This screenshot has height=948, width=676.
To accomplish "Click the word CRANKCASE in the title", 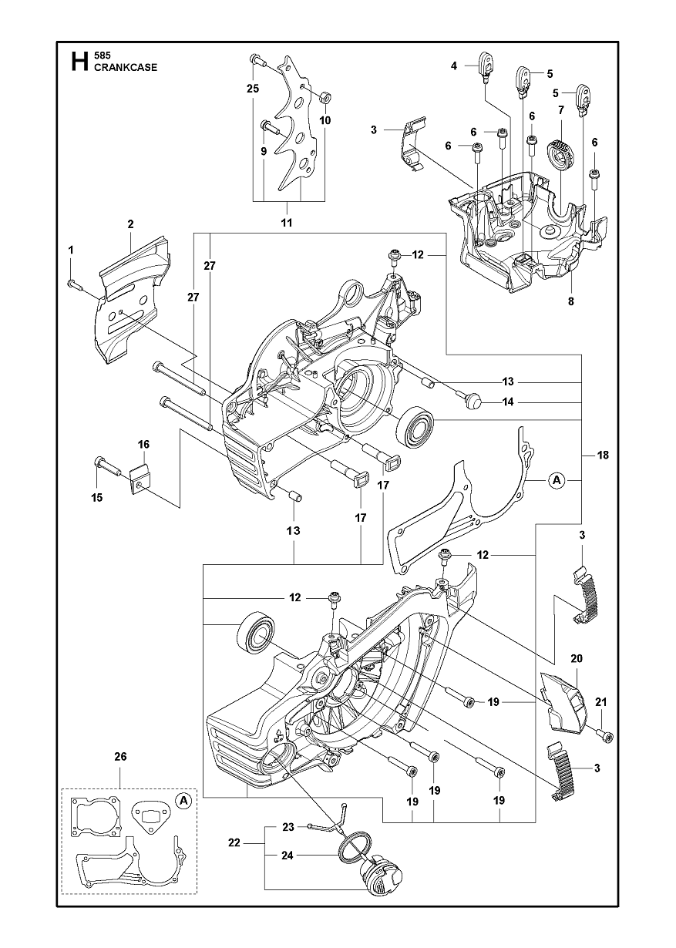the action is (126, 67).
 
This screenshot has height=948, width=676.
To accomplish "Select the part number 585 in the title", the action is (102, 55).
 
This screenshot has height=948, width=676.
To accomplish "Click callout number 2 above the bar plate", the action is (130, 224).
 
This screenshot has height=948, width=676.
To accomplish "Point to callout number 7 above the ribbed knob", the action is (561, 110).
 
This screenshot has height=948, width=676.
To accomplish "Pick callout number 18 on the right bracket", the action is (602, 455).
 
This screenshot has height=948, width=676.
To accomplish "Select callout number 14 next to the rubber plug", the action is (507, 402).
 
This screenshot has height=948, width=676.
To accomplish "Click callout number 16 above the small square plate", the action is (143, 444).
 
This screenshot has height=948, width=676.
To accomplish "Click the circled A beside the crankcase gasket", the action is (557, 480).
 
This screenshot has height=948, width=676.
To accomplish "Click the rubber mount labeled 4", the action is (485, 66).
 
